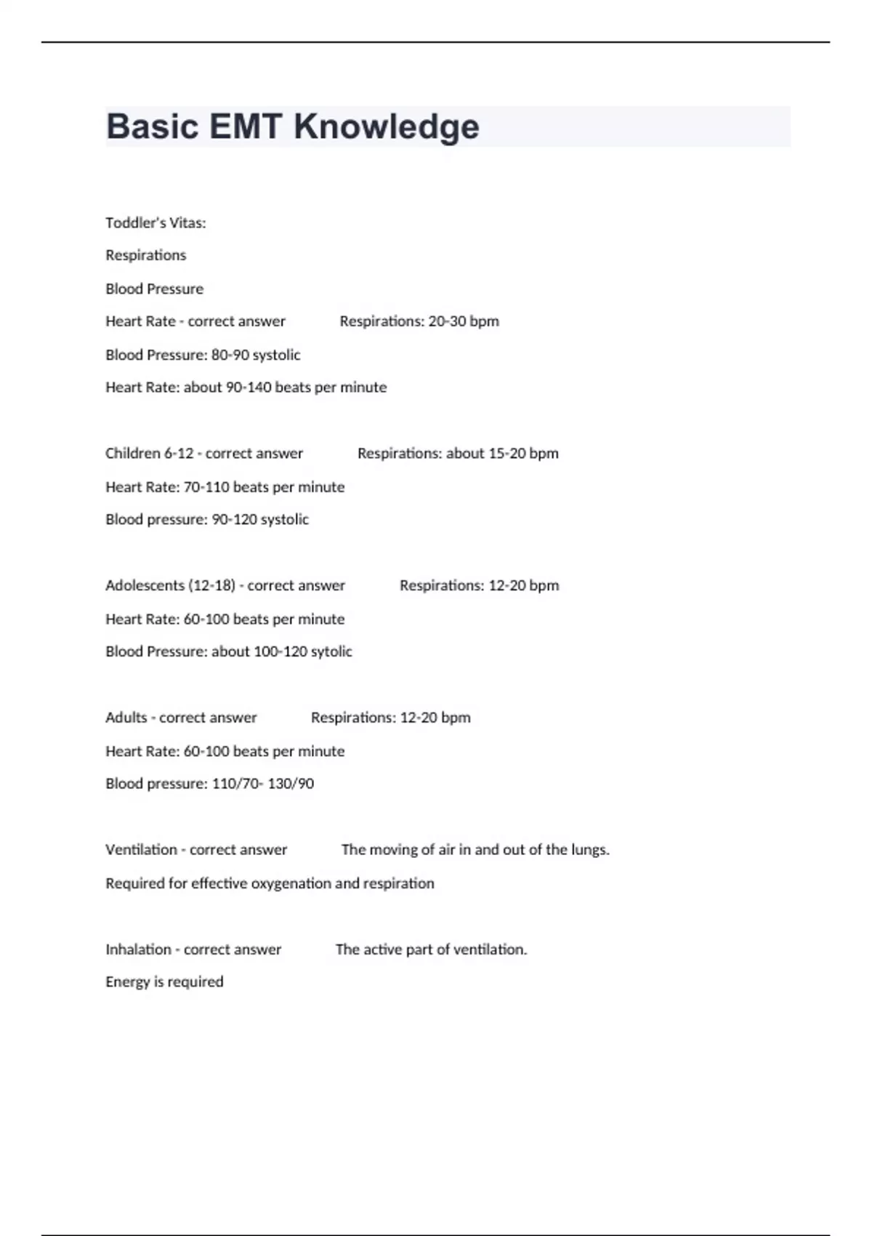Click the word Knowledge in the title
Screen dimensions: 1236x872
[x=386, y=127]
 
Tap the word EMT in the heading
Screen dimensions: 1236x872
[x=245, y=127]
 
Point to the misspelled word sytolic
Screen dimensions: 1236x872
[x=331, y=651]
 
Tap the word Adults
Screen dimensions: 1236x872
[x=126, y=718]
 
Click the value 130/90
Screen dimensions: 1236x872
[x=291, y=784]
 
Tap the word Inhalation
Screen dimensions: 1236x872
[x=138, y=950]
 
